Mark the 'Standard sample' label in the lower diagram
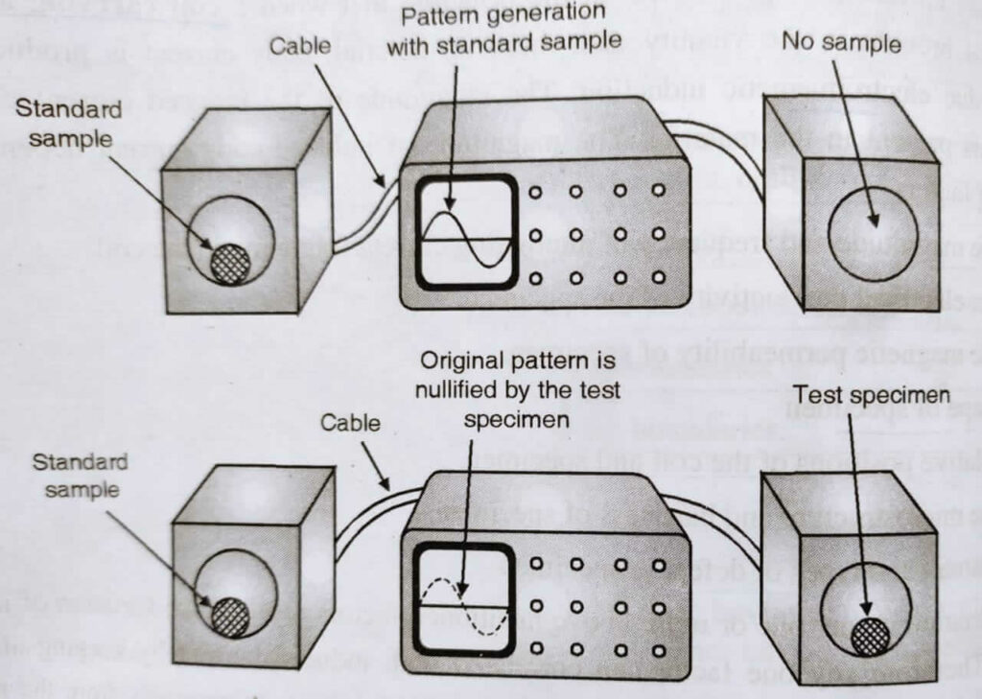[81, 476]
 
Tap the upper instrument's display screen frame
[466, 231]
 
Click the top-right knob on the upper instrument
[658, 190]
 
